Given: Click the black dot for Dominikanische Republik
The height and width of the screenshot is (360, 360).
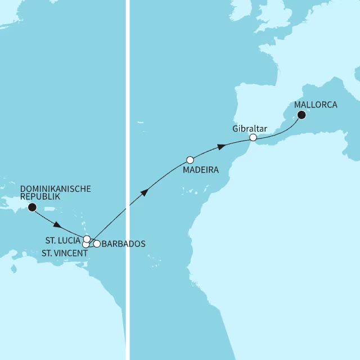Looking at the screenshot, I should (31, 207).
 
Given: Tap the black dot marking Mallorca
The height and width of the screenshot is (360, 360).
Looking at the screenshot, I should (301, 115).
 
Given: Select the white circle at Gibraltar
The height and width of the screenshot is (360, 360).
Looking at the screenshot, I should (253, 137).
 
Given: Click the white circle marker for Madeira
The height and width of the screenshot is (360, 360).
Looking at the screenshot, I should (190, 160).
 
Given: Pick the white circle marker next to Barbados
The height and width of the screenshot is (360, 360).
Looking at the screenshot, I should (97, 244).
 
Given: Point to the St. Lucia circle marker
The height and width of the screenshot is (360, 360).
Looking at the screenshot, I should (87, 239).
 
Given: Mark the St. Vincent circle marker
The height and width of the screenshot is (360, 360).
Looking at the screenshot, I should (85, 244).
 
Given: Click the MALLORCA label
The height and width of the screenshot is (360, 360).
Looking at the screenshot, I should (316, 105).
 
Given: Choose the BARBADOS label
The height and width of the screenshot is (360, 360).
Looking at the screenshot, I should (124, 244).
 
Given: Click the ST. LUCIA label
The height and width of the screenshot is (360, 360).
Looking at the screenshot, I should (62, 240).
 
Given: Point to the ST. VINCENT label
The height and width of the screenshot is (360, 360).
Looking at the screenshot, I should (65, 253).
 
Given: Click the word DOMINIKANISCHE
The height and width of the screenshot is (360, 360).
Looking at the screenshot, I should (55, 189).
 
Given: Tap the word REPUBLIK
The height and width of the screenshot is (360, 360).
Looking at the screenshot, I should (39, 197).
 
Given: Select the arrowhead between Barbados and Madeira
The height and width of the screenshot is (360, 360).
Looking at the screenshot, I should (145, 192).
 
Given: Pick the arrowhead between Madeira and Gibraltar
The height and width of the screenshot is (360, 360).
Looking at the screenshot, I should (222, 147).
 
